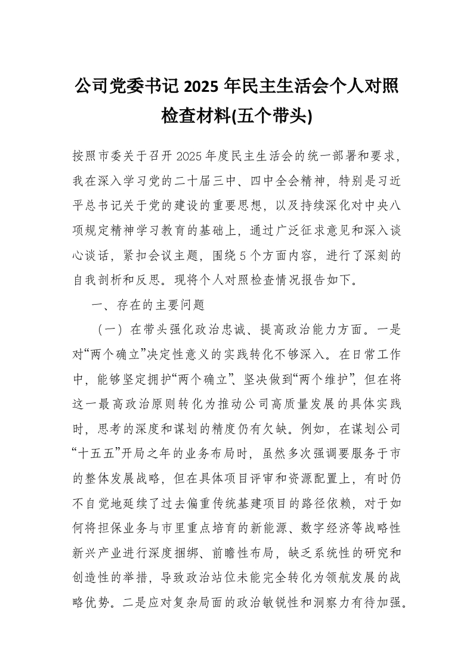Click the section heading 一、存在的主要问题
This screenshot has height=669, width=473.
(147, 305)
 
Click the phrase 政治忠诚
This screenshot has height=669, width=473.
(236, 329)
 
